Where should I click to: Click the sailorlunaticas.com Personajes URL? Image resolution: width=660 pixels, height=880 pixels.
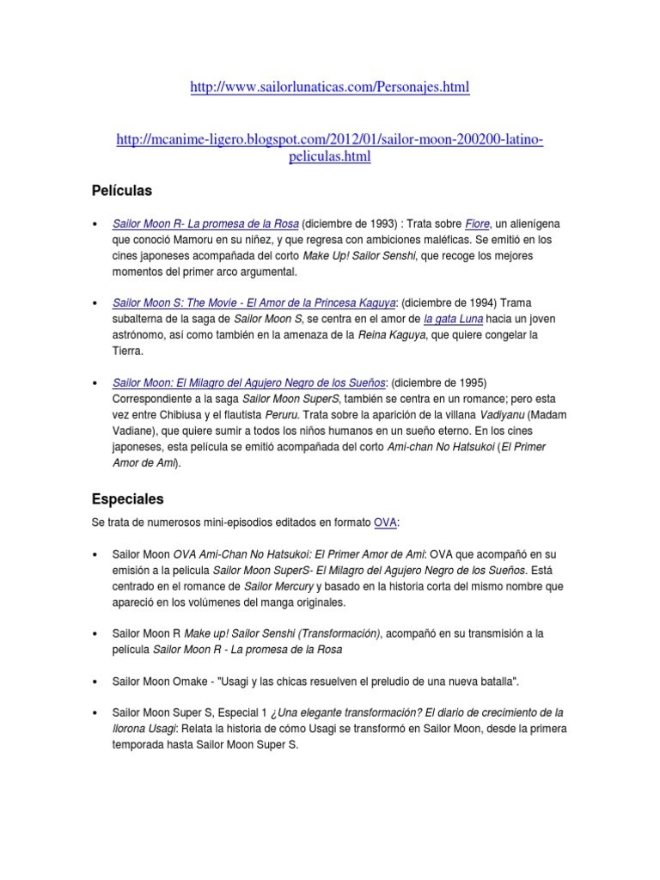coord(330,89)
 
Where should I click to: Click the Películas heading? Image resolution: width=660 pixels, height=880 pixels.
coord(122,189)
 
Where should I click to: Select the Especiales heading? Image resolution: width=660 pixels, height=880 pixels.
coord(127,498)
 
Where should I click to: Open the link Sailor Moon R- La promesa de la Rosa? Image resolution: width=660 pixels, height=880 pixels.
coord(205,223)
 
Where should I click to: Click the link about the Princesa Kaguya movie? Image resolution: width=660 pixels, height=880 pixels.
coord(254,302)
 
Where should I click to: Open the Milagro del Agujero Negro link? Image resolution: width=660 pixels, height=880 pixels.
coord(248,382)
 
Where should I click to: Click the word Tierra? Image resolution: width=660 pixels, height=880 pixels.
coord(129,351)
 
